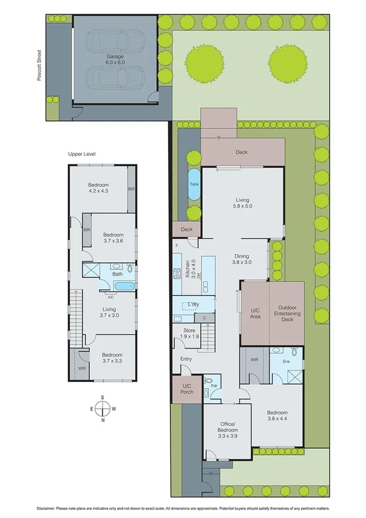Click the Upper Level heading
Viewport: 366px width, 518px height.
coord(82,155)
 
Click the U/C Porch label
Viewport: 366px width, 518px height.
coord(187,388)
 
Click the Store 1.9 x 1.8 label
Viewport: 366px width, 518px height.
coord(188,334)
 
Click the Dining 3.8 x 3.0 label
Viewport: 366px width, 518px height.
coord(241,259)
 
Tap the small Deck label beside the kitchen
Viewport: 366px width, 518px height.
coord(187,229)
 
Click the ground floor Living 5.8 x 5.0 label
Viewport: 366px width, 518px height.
coord(242,203)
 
